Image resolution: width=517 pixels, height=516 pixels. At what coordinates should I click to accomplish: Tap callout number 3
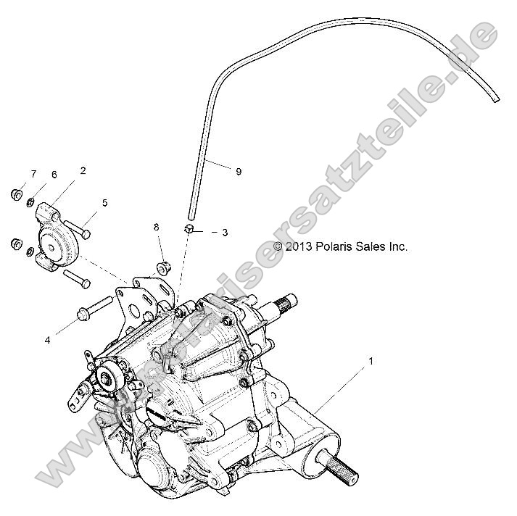point(225,233)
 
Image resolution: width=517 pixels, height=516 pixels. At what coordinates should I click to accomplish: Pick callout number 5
point(104,204)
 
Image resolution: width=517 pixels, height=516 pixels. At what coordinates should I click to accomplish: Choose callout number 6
point(53,175)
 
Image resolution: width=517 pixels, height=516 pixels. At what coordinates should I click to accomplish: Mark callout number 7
point(33,174)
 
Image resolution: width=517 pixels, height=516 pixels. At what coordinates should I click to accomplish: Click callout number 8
point(156,228)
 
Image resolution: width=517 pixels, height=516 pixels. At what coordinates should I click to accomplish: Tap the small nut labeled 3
point(188,230)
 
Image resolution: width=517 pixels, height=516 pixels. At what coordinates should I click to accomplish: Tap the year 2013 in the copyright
point(299,246)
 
